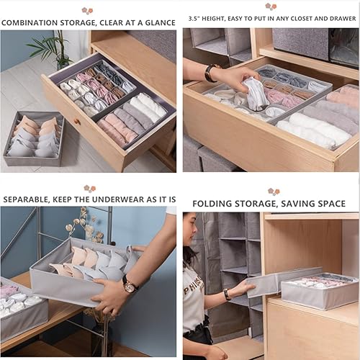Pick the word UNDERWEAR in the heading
122,199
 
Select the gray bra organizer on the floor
34,140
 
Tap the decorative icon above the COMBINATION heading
87,10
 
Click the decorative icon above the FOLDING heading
274,192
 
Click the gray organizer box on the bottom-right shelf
317,292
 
